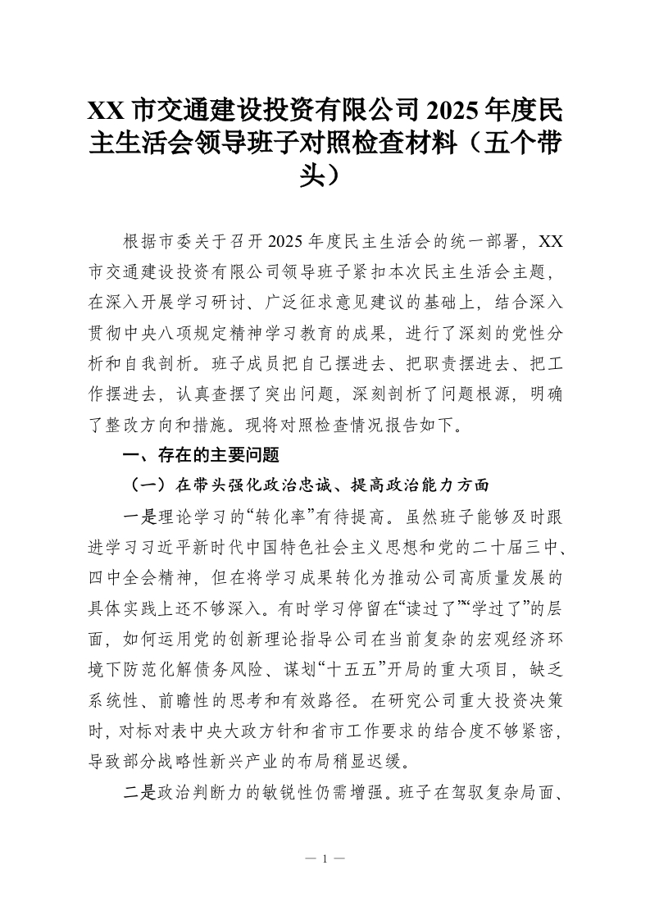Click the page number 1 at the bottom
pos(325,859)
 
